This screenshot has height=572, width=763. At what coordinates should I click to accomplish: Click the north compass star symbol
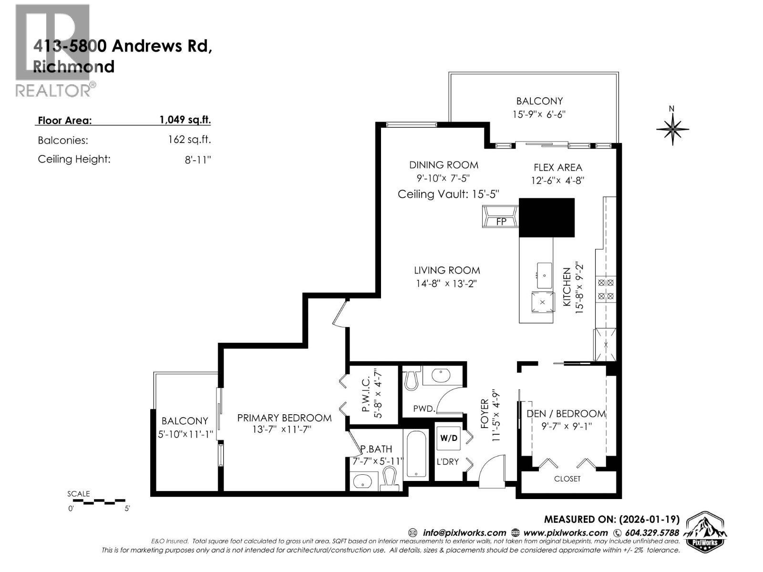672,128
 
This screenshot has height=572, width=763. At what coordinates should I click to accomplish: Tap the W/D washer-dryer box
448,439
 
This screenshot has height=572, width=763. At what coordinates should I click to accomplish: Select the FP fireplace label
501,222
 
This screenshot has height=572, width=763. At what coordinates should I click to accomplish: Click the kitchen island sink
544,276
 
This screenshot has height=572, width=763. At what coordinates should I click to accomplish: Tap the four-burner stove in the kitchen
606,289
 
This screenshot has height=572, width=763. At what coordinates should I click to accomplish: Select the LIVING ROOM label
447,270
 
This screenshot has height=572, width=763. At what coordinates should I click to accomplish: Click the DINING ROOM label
443,165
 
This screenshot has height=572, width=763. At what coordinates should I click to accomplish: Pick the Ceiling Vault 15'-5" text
448,194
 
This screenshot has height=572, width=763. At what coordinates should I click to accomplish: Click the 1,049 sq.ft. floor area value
185,120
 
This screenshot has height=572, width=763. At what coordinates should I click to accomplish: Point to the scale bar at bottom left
98,501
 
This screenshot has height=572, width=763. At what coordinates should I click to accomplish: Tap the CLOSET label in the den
567,479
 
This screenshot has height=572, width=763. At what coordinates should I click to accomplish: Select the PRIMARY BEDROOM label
284,418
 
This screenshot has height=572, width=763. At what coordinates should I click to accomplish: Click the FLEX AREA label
557,167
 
